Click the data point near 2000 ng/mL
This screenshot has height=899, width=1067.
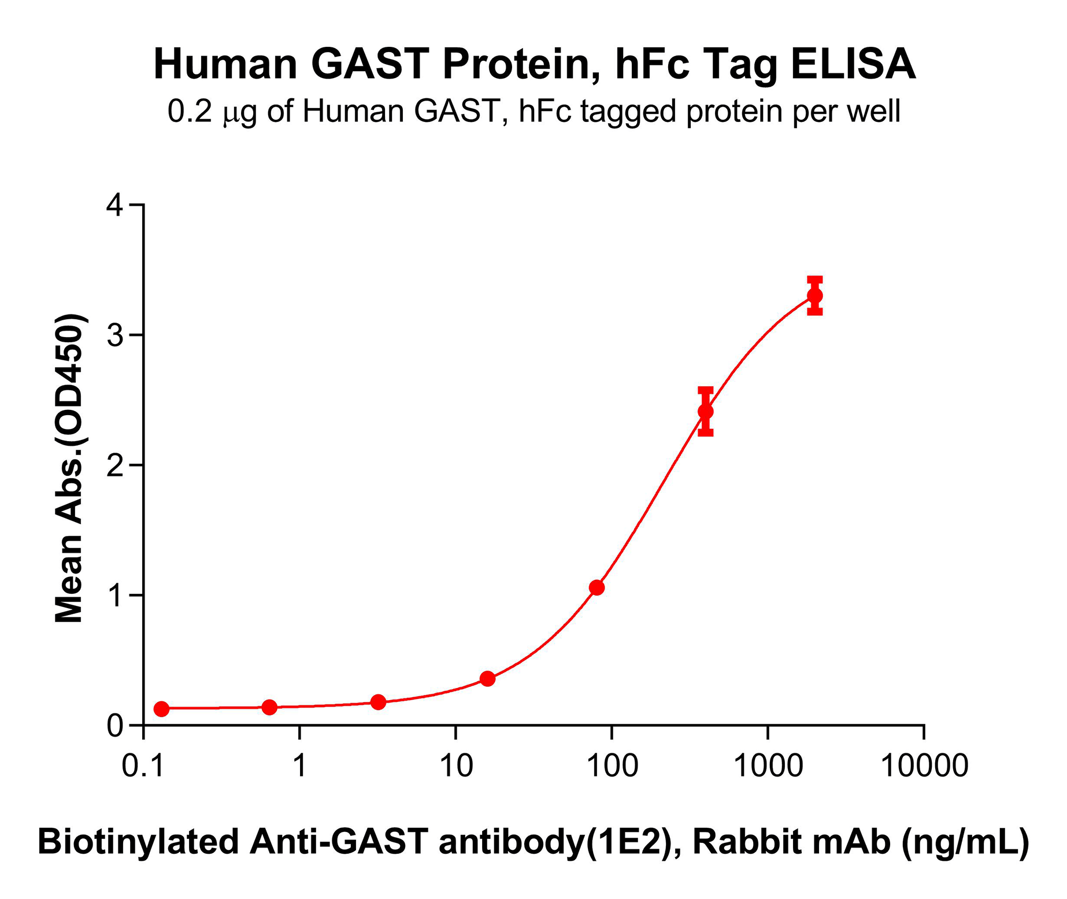point(815,296)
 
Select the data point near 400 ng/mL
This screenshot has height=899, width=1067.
point(706,411)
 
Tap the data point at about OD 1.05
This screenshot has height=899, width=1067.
point(597,587)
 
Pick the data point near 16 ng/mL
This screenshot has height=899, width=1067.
point(487,679)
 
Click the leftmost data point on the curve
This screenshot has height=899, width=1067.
point(162,709)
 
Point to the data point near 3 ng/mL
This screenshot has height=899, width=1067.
point(378,702)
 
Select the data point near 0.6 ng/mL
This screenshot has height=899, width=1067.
point(269,707)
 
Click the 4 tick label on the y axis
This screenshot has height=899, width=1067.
point(116,206)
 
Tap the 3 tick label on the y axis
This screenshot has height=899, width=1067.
point(116,336)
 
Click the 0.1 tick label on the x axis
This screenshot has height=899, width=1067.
point(144,767)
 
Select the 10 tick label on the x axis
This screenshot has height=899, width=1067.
point(456,767)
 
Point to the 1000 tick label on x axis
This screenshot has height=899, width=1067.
point(768,767)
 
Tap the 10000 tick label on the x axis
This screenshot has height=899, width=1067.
point(924,767)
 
